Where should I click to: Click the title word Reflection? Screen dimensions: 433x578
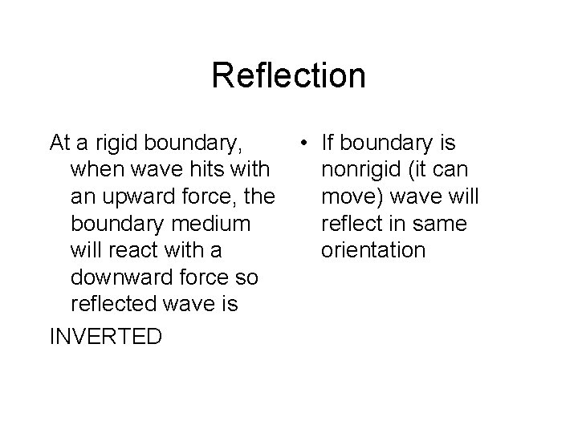click(x=289, y=76)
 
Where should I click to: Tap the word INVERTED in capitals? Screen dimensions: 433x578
click(x=105, y=336)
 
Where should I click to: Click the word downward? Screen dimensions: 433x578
click(x=121, y=277)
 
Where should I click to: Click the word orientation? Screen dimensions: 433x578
click(x=372, y=250)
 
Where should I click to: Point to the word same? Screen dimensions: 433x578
click(x=441, y=224)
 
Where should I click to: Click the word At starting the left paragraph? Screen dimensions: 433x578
click(x=60, y=144)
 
